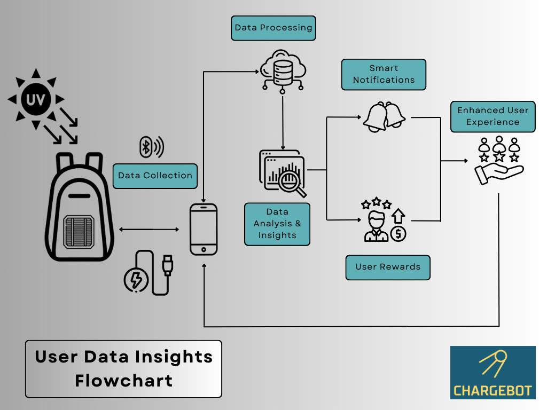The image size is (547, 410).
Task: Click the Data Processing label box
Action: tap(273, 28)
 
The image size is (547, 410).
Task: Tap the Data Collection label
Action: tap(155, 176)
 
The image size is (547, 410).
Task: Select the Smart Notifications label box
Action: tap(384, 74)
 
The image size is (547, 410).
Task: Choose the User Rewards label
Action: tap(388, 267)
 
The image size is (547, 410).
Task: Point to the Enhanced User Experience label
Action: tap(493, 116)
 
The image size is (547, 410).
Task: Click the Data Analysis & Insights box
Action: tap(277, 224)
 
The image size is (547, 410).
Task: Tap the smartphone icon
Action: tap(204, 229)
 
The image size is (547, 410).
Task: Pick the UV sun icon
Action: tap(35, 99)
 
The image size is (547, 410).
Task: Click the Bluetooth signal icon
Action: tap(151, 147)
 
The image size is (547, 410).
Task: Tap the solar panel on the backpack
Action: tap(79, 231)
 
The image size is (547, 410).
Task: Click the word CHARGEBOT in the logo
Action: tap(493, 390)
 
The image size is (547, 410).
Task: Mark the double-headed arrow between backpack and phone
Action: tap(149, 229)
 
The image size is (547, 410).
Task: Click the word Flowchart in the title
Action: tap(123, 381)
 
